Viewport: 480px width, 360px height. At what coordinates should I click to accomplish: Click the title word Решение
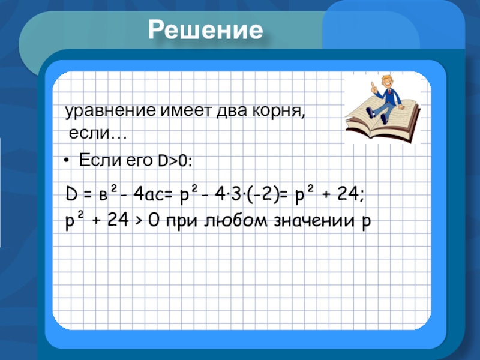coord(205,30)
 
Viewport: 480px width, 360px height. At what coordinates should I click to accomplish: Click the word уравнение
coord(110,110)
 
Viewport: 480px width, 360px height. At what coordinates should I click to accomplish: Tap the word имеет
coord(187,110)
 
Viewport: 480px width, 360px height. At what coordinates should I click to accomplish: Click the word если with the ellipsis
coord(98,133)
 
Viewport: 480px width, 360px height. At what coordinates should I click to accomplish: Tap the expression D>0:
coord(175,161)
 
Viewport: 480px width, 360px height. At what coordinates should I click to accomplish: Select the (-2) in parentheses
coord(263,194)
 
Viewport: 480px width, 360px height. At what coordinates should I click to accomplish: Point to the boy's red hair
coord(387,79)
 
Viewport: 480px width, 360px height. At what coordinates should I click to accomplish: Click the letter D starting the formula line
coord(71,194)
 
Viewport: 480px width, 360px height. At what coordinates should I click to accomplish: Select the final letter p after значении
coord(366,222)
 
